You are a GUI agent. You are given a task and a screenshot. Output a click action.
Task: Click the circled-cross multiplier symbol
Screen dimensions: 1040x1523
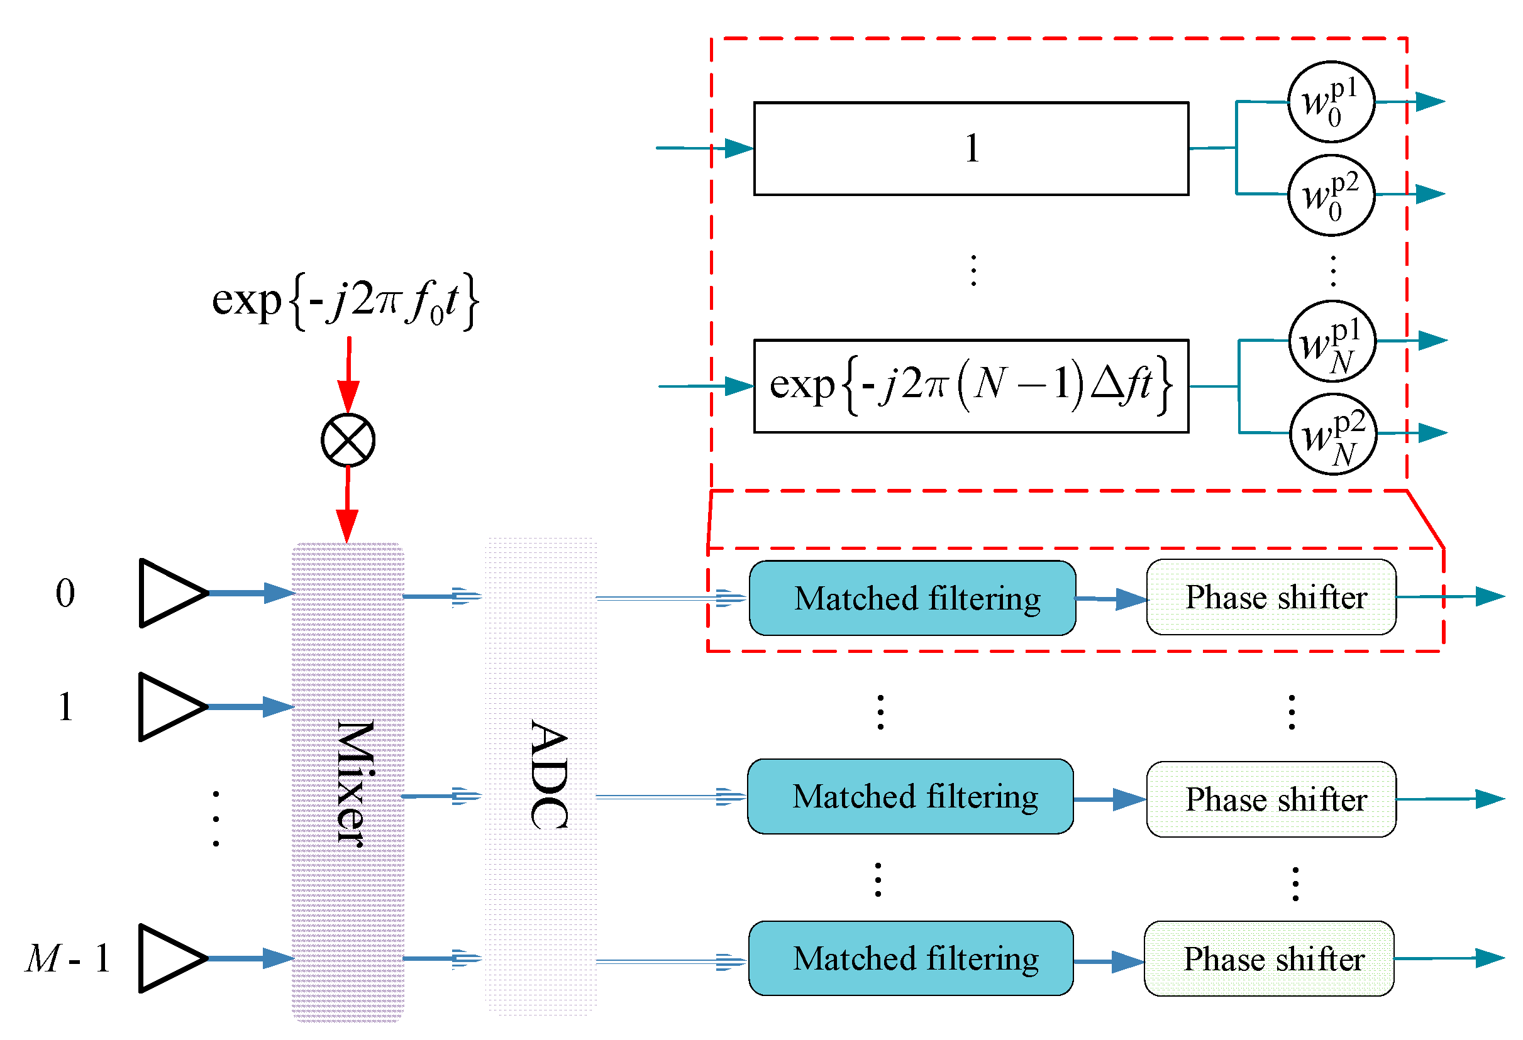(x=348, y=440)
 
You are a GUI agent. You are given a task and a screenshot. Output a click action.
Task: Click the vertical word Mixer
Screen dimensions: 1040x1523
(x=355, y=783)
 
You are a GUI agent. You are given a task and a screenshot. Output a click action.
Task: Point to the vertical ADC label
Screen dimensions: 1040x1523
(x=549, y=775)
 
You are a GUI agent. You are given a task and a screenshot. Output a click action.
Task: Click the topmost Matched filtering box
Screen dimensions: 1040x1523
(x=912, y=598)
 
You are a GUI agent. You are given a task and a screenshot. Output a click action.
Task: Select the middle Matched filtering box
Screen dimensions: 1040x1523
(x=911, y=797)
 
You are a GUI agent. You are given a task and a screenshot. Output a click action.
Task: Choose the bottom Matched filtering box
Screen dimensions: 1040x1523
(x=911, y=959)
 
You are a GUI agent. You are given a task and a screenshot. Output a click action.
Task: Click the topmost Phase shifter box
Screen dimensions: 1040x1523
(x=1271, y=597)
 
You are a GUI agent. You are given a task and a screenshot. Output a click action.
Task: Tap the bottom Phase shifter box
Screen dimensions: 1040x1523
(x=1269, y=959)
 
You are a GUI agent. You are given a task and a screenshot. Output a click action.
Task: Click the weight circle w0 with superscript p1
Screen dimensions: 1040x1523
(x=1331, y=102)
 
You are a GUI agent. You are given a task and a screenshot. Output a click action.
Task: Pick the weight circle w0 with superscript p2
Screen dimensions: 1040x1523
(x=1331, y=195)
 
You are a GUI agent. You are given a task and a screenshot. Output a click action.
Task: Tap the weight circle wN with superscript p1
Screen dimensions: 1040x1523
(x=1332, y=341)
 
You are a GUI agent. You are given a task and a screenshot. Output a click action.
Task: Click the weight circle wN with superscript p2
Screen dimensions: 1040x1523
(x=1333, y=434)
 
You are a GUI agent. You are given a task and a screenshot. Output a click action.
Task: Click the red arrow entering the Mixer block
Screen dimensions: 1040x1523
(x=347, y=508)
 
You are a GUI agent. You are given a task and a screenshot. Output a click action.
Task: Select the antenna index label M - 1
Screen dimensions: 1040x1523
(x=67, y=959)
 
